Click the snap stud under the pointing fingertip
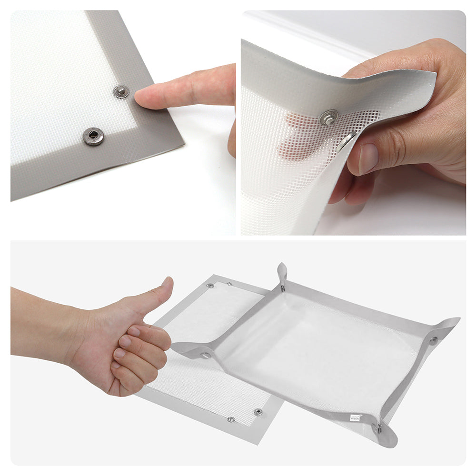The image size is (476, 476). point(121,91)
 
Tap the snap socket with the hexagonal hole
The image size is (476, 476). point(93,137)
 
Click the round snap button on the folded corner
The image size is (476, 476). point(328,117)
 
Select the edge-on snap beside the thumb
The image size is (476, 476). point(346,141)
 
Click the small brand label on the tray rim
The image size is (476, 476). point(355,417)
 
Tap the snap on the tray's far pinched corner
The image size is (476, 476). point(283,288)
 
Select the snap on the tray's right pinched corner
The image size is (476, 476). point(433,340)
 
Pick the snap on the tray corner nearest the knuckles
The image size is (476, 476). point(206,355)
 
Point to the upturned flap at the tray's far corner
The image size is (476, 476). point(282,272)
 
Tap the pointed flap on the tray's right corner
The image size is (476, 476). point(450,324)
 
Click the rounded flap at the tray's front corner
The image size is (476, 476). point(388,438)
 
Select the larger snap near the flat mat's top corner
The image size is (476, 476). point(210,286)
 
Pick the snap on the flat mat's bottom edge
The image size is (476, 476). point(231,419)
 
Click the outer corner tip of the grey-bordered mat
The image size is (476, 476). point(184,144)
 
